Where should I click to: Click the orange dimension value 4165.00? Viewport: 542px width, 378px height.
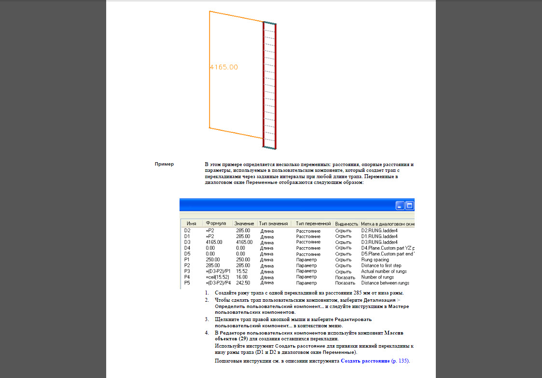pos(224,67)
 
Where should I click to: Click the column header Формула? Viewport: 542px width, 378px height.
pos(216,224)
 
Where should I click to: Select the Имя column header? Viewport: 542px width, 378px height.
pos(191,224)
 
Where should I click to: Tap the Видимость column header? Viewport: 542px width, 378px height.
pos(347,224)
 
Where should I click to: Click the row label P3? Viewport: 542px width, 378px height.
pos(187,271)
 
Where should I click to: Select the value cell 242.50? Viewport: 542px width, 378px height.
pos(243,283)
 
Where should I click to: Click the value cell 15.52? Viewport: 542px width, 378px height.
pos(241,271)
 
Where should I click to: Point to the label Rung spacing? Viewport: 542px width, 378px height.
pos(375,260)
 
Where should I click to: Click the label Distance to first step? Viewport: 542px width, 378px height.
pos(381,266)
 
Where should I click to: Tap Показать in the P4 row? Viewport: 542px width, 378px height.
pos(345,277)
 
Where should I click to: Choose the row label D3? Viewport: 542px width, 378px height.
pos(187,242)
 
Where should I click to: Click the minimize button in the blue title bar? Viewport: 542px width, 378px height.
pos(400,205)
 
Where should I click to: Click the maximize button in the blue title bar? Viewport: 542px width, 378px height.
pos(410,205)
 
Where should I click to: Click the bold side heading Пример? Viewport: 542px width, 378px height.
pos(164,164)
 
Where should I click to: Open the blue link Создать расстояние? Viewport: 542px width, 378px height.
pos(365,361)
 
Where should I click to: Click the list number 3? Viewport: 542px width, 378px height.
pos(206,319)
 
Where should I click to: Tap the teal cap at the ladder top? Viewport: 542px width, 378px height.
pos(270,22)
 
